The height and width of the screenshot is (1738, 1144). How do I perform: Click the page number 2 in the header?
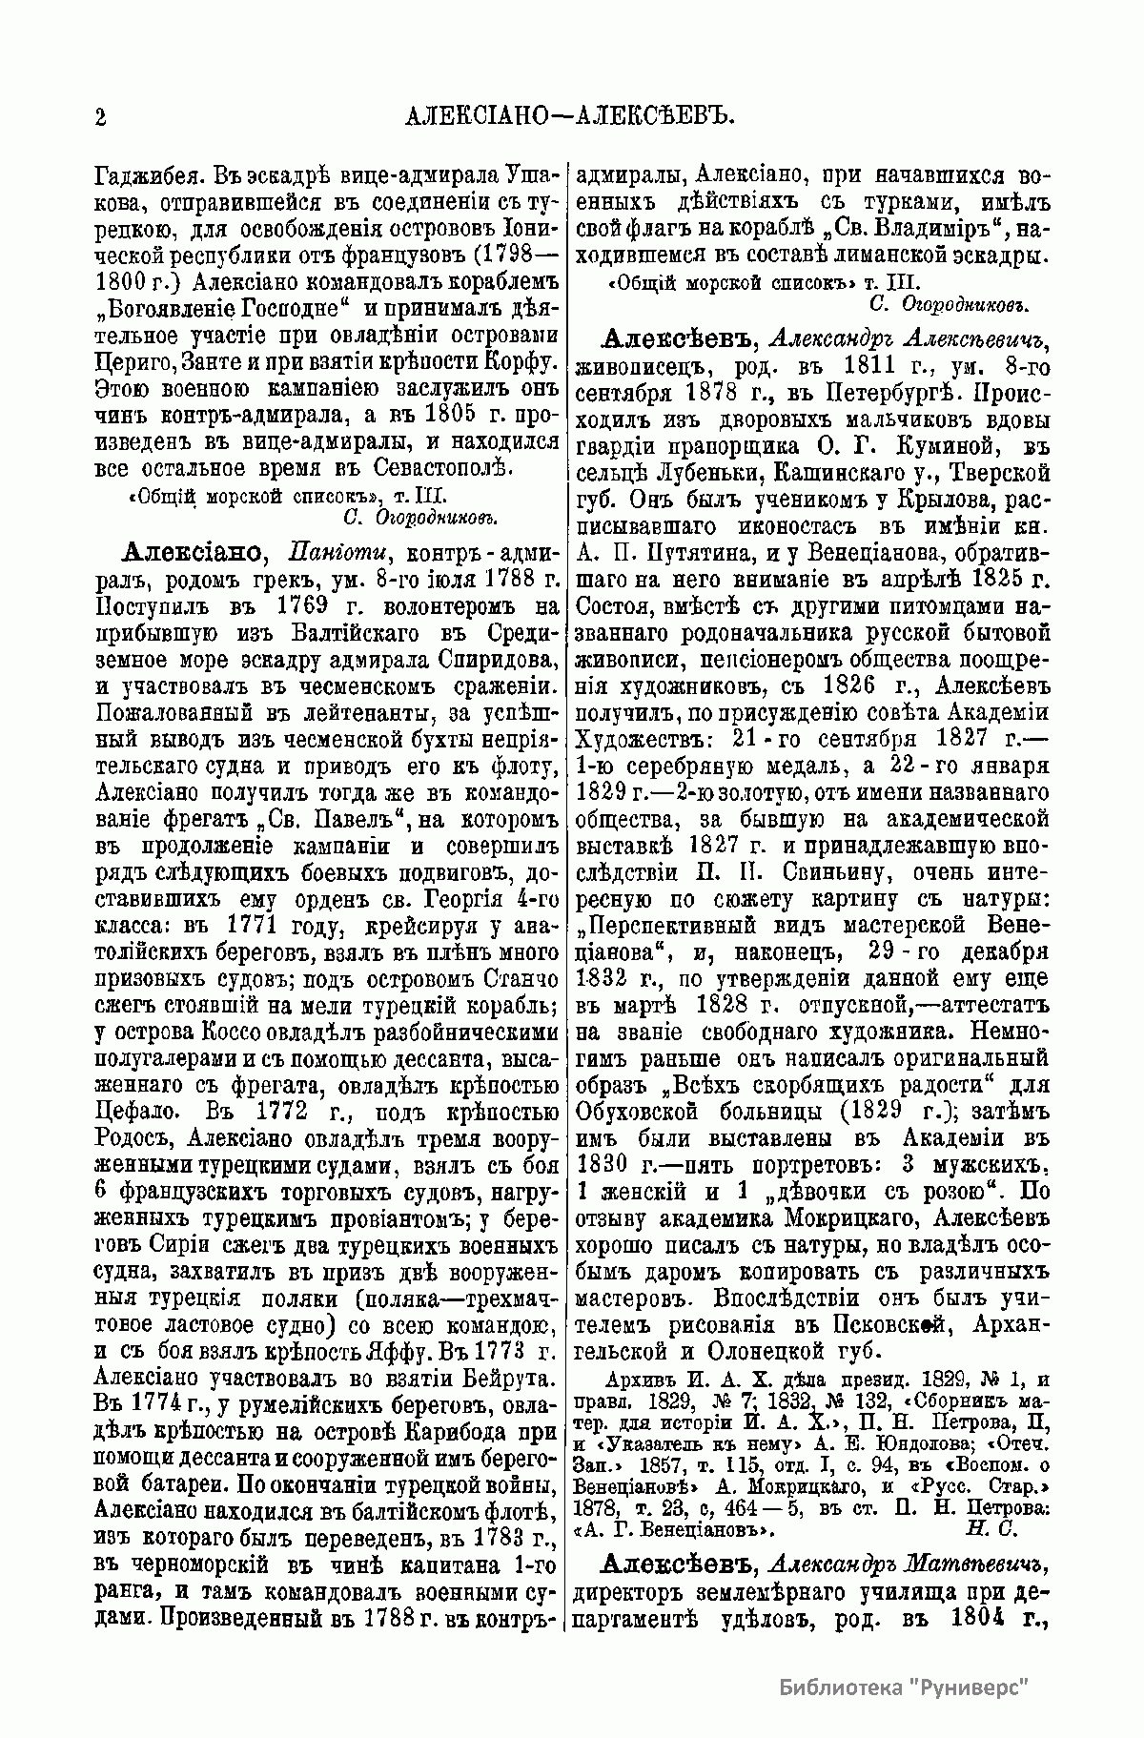tap(100, 117)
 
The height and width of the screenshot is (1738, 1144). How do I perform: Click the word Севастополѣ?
tap(452, 469)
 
